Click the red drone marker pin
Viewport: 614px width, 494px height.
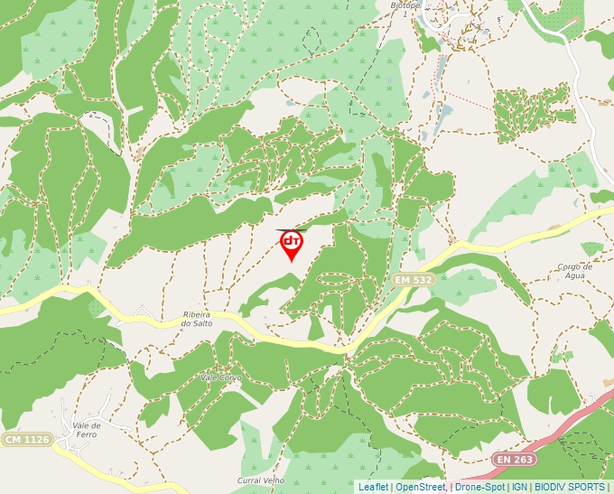coord(291,245)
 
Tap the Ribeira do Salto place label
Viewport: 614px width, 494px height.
coord(197,318)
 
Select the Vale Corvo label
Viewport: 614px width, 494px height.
coord(221,377)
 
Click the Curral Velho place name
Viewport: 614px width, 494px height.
coord(261,480)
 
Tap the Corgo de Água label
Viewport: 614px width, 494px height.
coord(574,272)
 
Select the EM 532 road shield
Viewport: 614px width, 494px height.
coord(414,280)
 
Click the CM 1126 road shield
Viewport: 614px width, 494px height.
coord(26,440)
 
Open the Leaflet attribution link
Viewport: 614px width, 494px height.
coord(373,488)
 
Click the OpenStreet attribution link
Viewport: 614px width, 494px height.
coord(421,488)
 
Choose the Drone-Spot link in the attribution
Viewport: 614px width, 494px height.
coord(479,488)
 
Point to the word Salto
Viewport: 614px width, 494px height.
coord(202,323)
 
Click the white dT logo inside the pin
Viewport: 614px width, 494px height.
coord(291,241)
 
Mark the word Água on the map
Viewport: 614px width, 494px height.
coord(574,277)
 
